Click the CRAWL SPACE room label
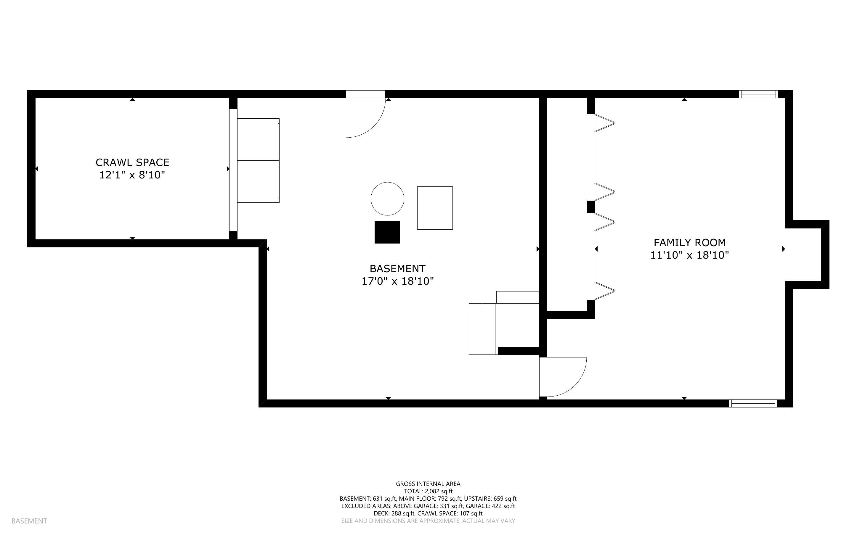point(132,162)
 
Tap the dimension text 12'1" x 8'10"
point(132,175)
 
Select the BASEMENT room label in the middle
point(397,269)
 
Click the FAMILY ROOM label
point(689,243)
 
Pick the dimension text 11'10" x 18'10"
point(689,255)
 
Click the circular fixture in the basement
point(387,199)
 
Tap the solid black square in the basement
point(387,232)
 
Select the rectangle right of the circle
point(435,208)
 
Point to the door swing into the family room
point(565,376)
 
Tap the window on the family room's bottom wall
point(753,403)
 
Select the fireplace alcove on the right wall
point(803,254)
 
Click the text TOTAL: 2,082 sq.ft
point(428,491)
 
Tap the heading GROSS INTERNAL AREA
point(428,484)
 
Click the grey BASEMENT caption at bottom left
point(29,521)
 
